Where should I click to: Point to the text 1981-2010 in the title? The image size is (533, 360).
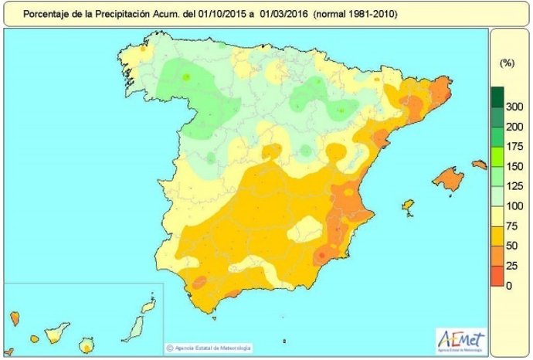point(372,14)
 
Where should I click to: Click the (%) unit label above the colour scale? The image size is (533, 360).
point(508,62)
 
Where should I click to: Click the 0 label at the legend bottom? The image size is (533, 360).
point(508,286)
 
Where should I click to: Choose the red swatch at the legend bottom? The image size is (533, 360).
point(496,277)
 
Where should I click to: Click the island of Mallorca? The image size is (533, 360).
point(447,179)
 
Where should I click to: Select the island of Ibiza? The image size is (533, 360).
point(408,206)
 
